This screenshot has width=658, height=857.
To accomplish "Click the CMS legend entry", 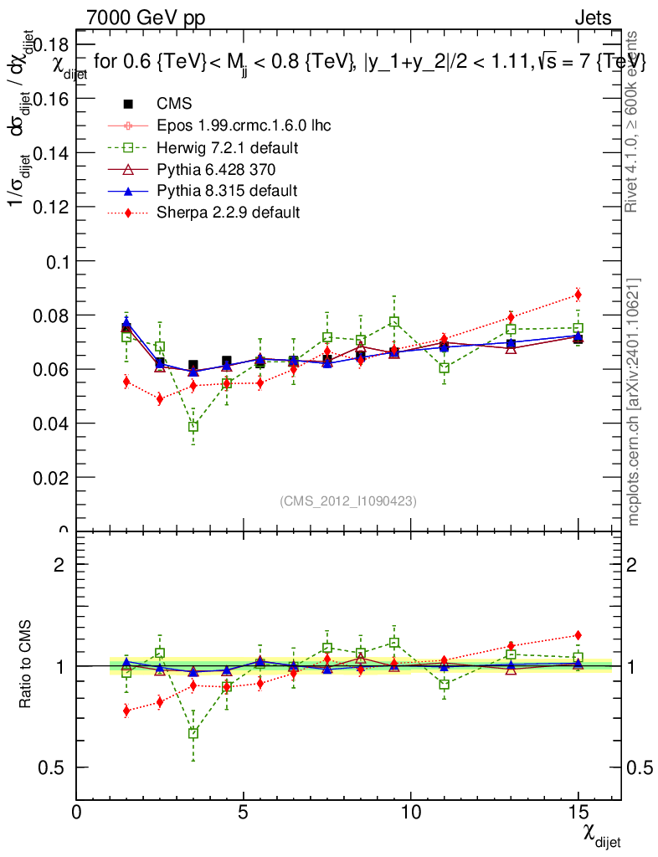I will [x=174, y=104].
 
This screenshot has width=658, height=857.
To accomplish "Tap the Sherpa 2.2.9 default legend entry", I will [x=228, y=213].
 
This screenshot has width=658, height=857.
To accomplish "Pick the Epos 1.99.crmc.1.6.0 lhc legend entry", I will [x=244, y=126].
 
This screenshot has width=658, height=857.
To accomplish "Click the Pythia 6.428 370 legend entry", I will [x=215, y=169].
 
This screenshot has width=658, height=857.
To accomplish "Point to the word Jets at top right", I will [x=593, y=18].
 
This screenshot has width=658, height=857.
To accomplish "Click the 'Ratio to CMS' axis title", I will [x=26, y=666].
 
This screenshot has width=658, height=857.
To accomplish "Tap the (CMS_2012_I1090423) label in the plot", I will [x=348, y=500].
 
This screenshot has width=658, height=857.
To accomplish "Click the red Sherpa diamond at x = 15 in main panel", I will [x=578, y=295].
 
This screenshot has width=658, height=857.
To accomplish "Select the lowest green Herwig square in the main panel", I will [x=193, y=426].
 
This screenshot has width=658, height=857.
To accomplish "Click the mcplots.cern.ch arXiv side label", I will [x=634, y=402].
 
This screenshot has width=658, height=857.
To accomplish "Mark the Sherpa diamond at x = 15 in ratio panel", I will [x=578, y=635].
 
